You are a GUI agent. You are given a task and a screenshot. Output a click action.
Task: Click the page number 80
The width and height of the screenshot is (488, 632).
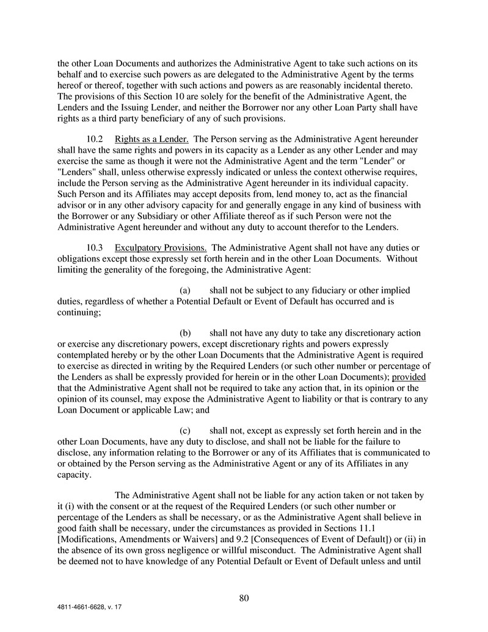click(x=244, y=598)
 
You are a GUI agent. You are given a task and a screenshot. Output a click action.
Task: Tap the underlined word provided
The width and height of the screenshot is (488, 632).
click(x=409, y=377)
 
